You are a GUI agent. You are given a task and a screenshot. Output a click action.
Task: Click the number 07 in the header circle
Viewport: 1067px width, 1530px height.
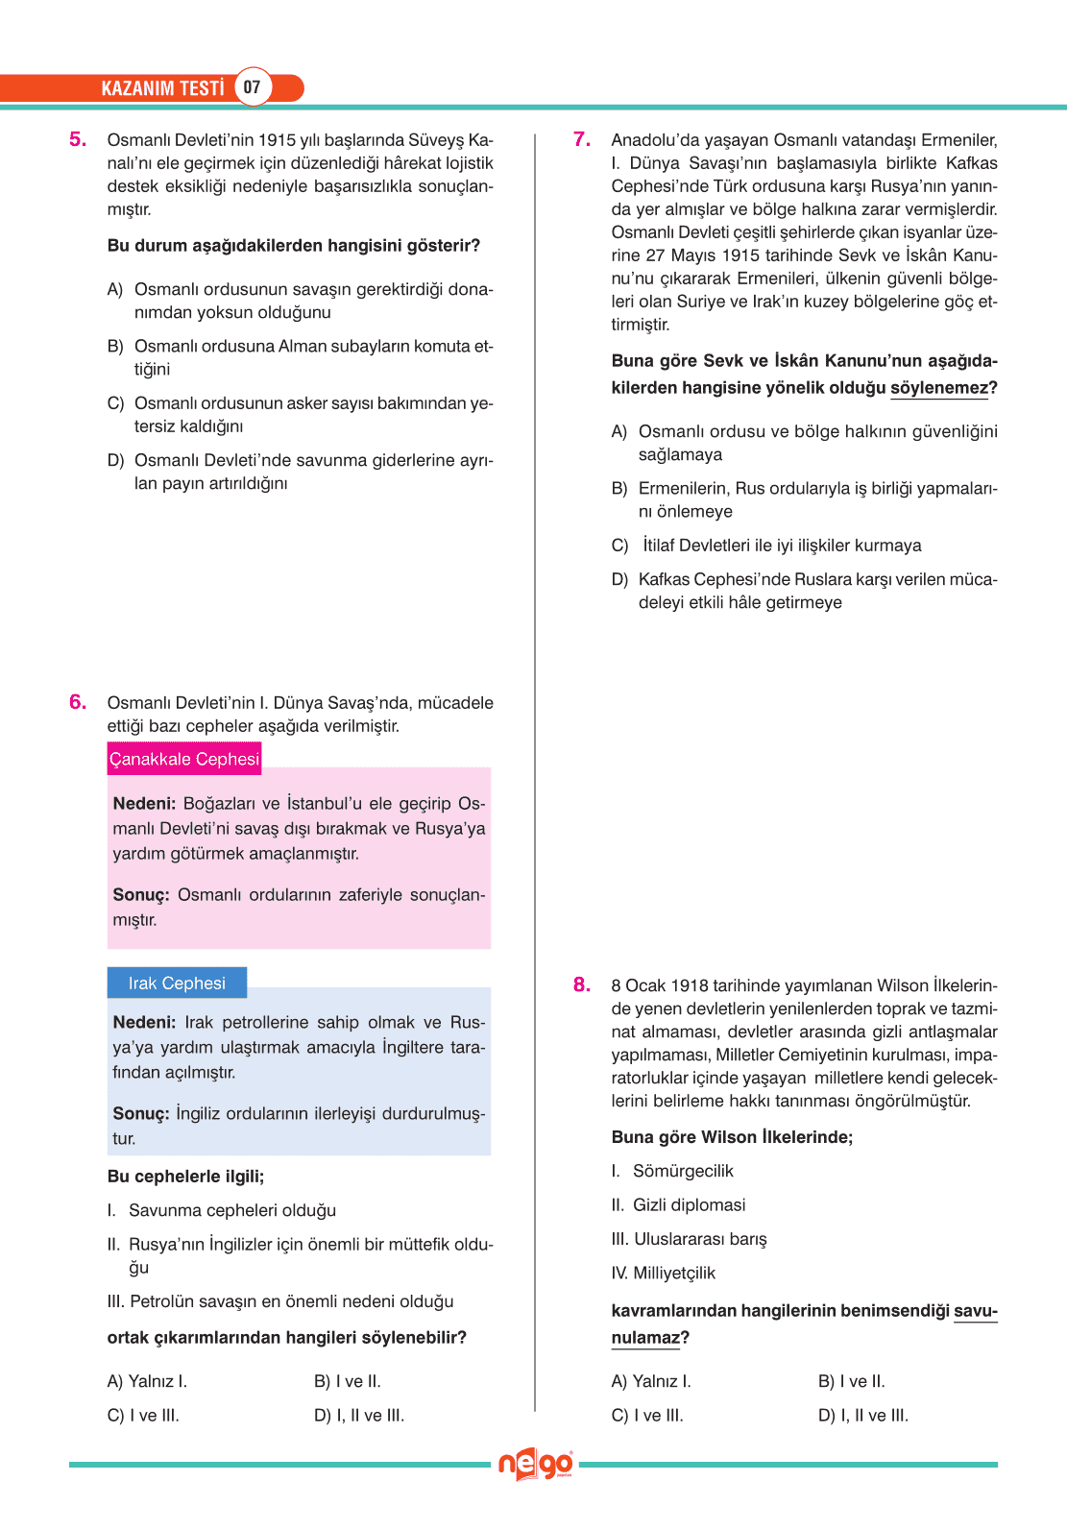click(252, 87)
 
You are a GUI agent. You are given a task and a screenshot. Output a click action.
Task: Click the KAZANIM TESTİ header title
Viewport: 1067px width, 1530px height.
click(162, 88)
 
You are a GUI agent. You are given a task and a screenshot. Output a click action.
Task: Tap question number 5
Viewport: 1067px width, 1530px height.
click(78, 139)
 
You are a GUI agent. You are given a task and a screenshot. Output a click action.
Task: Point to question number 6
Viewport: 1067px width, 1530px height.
click(78, 702)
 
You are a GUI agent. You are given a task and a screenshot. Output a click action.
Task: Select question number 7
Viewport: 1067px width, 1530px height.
click(582, 139)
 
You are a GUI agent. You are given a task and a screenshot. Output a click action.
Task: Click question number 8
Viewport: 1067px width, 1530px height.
click(582, 984)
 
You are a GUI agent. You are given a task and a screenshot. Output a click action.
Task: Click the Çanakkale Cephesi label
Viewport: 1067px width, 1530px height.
click(183, 759)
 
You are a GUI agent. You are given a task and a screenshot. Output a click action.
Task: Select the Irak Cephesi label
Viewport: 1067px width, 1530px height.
click(177, 983)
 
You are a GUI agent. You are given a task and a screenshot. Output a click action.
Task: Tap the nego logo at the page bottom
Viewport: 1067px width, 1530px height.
click(535, 1465)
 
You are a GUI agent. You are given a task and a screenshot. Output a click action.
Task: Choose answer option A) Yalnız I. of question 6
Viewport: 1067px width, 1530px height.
click(147, 1381)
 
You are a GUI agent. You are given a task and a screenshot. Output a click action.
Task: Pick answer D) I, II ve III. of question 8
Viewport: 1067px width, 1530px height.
click(862, 1415)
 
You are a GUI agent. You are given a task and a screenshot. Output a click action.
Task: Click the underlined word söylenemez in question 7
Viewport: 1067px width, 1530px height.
click(938, 388)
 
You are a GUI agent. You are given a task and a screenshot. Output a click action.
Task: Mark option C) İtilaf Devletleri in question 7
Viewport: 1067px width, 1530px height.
click(781, 546)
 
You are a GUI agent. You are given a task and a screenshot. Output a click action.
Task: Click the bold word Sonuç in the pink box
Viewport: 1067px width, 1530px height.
click(140, 894)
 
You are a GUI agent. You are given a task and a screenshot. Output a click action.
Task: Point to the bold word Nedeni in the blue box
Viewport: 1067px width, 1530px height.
click(143, 1022)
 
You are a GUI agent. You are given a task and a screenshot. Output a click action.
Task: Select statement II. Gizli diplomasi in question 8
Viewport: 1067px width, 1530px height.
click(679, 1204)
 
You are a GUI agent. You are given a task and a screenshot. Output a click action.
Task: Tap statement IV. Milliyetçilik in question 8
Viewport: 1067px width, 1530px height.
click(664, 1273)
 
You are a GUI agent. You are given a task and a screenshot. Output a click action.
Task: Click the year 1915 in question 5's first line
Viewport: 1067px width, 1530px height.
click(278, 140)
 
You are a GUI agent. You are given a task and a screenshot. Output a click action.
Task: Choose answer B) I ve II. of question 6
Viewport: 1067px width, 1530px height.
click(348, 1381)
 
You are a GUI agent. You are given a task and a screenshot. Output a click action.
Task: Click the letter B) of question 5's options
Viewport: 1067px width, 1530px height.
click(115, 346)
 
